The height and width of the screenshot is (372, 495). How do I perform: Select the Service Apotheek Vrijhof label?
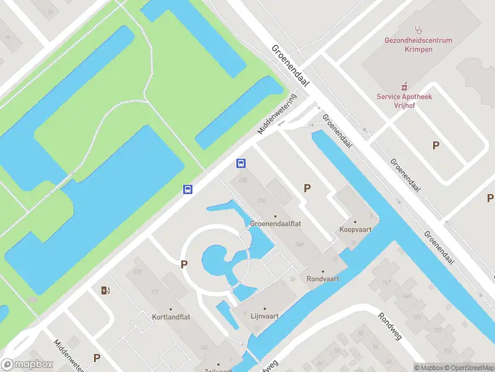tap(405, 101)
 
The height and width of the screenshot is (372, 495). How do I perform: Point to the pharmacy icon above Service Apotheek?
tap(405, 86)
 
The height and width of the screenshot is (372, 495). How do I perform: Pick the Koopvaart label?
tap(355, 229)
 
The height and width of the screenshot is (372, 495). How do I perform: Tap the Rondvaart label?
tap(323, 279)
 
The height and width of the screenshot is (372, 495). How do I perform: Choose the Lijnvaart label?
tap(264, 316)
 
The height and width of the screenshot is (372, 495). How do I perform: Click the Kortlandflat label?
tap(171, 316)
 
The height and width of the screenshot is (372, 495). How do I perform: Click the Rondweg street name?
tap(392, 324)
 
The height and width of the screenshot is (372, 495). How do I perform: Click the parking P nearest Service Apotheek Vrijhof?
tap(436, 145)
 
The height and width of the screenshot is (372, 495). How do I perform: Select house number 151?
tap(417, 317)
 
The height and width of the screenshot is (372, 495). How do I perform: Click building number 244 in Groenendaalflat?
tap(299, 244)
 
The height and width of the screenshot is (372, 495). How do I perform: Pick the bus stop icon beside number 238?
tap(241, 164)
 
